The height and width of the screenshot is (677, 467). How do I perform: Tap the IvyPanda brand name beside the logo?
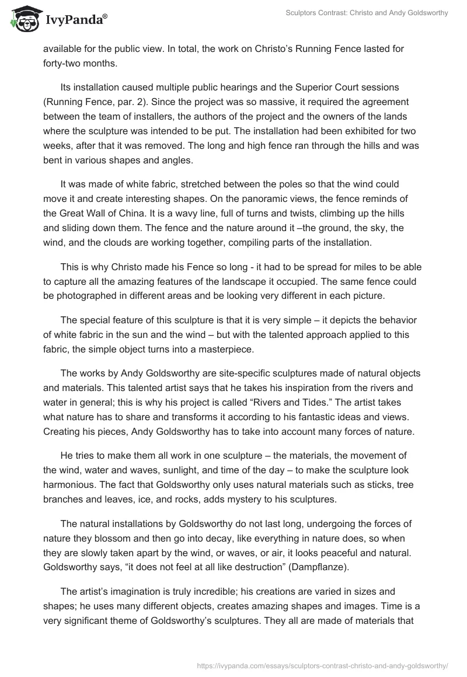point(75,20)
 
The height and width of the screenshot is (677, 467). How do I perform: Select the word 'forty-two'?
point(62,64)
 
